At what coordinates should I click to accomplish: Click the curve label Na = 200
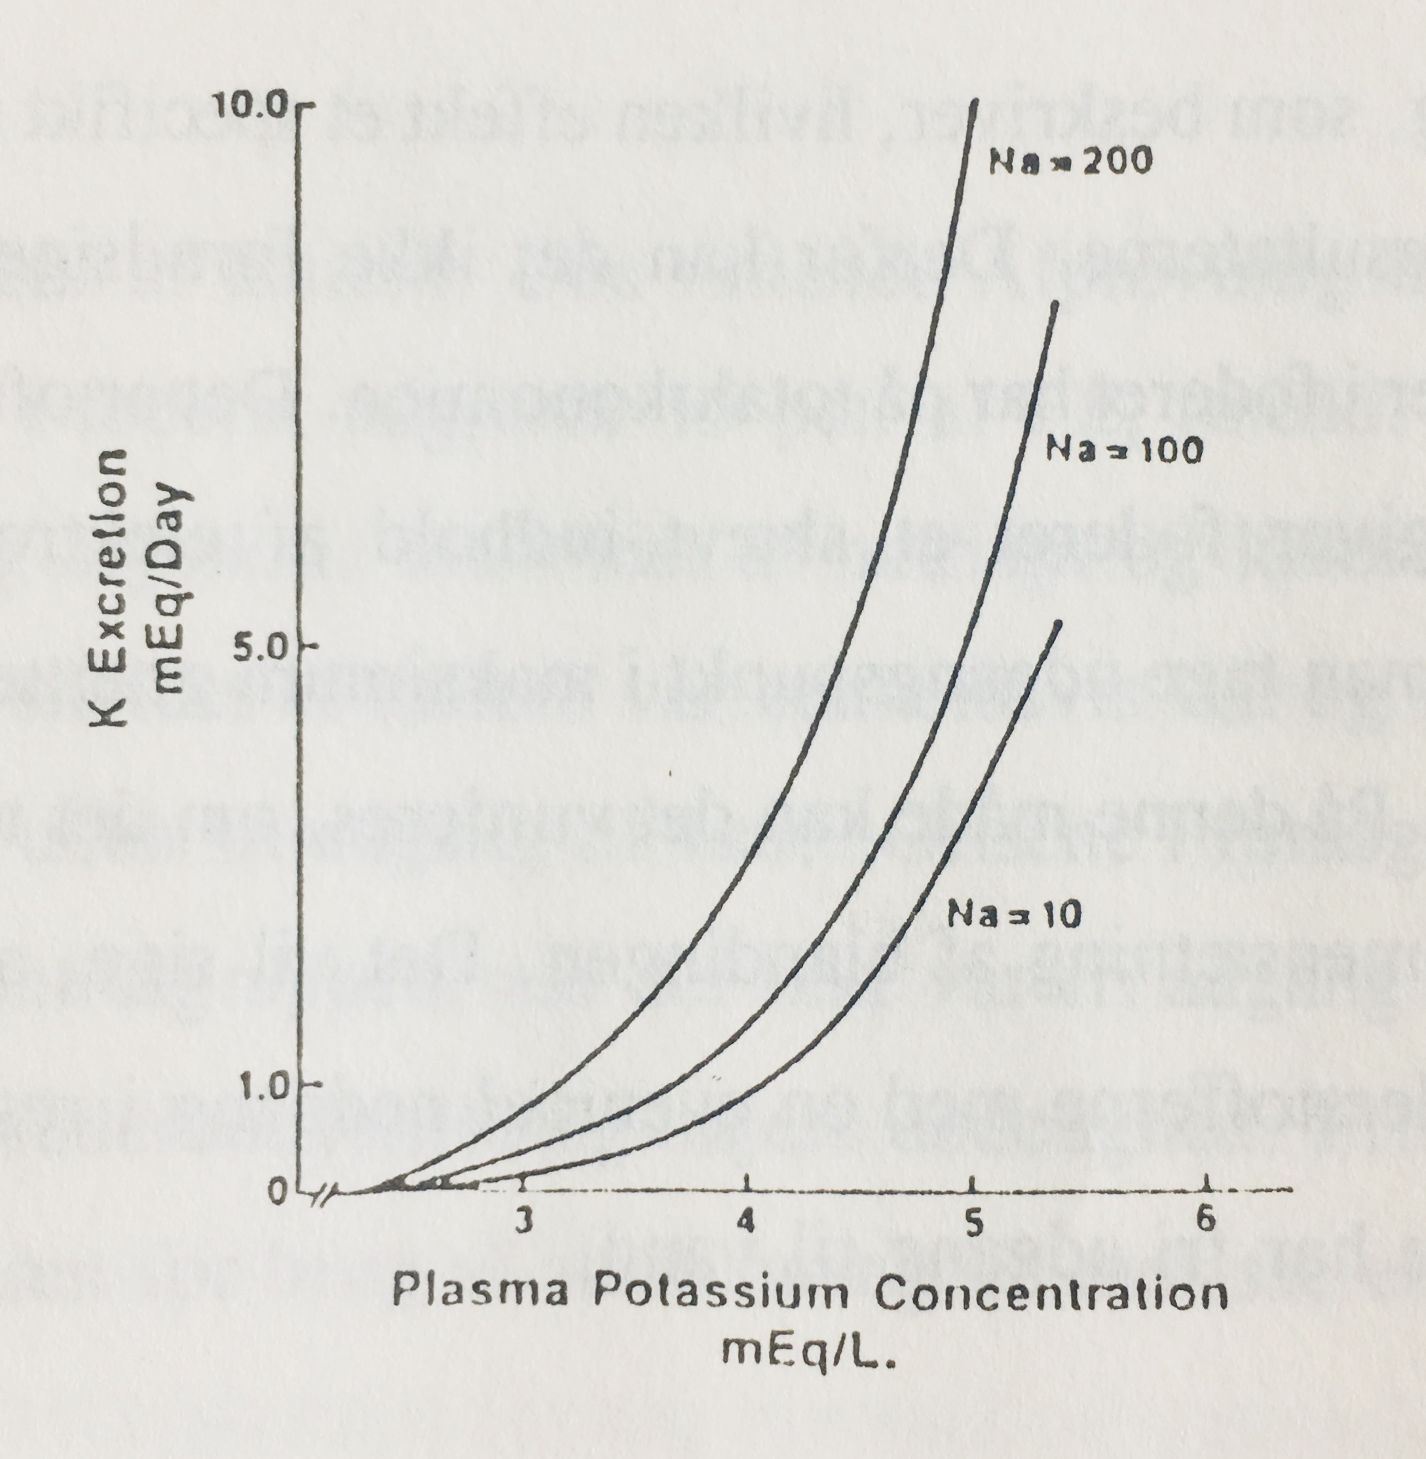tap(1070, 162)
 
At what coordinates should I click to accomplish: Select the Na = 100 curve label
tap(1123, 449)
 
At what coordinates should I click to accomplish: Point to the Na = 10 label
tap(1014, 914)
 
